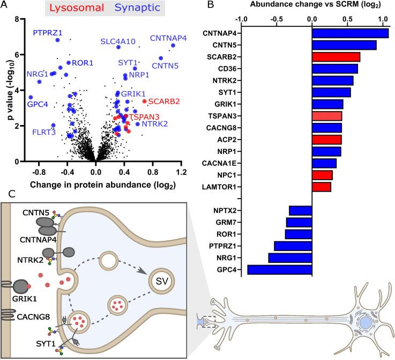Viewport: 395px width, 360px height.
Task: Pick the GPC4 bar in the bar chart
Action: click(x=279, y=269)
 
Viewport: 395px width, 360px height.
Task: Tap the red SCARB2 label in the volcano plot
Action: click(x=163, y=101)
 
